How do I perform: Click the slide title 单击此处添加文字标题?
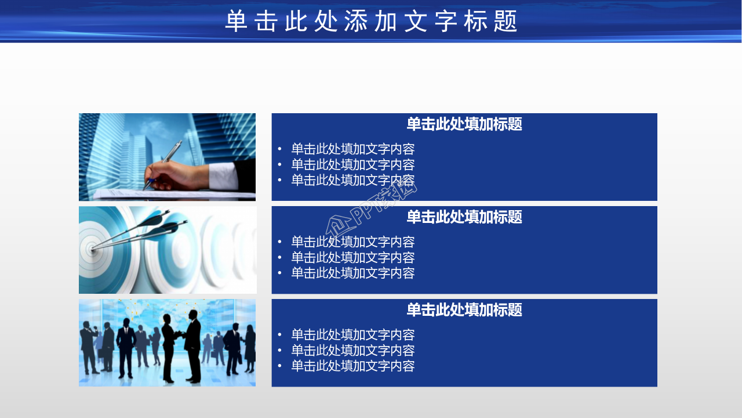click(x=371, y=21)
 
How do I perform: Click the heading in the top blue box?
click(x=464, y=124)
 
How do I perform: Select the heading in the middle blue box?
click(x=464, y=217)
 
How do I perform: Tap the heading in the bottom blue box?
click(x=464, y=310)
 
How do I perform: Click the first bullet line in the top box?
click(x=352, y=149)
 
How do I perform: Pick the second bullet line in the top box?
click(x=352, y=165)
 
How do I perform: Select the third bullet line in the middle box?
click(x=352, y=273)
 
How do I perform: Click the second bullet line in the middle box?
click(x=352, y=258)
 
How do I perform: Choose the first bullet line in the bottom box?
click(x=352, y=335)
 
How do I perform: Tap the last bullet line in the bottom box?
click(x=352, y=366)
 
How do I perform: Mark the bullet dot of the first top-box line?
click(x=279, y=149)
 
